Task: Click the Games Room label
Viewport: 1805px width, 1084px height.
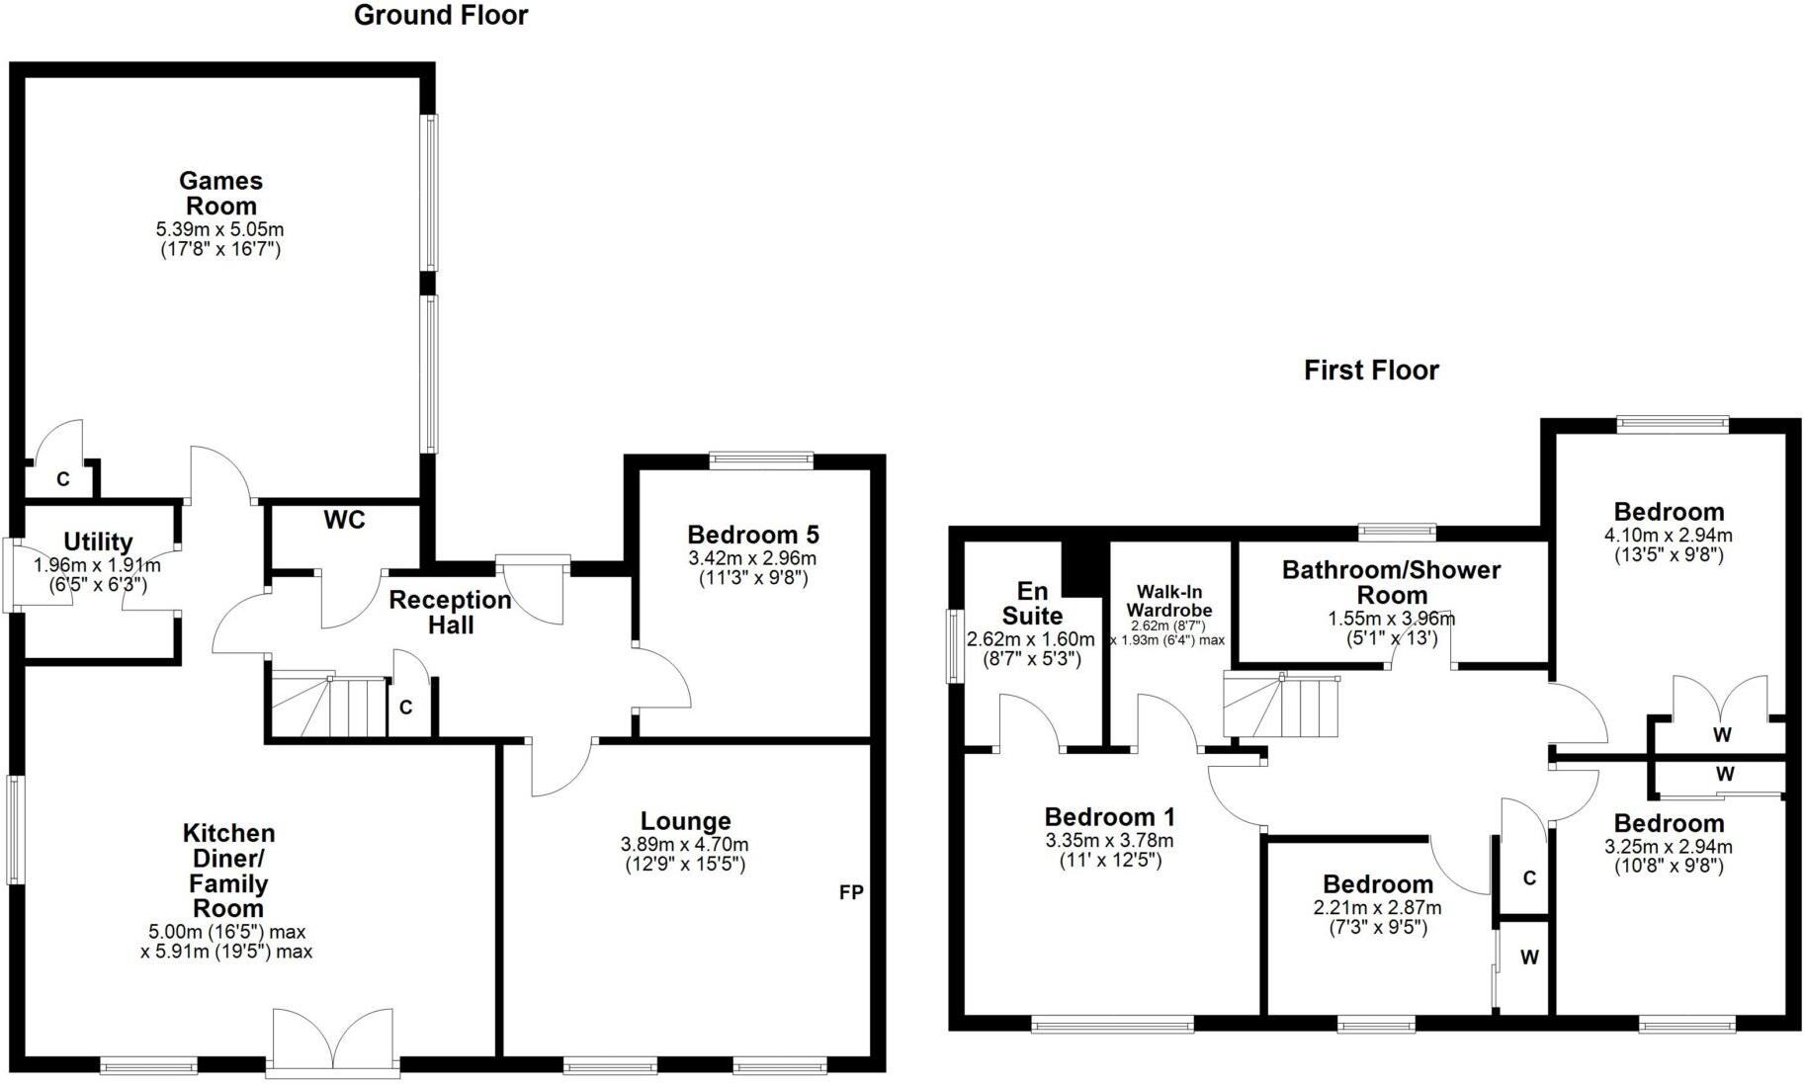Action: click(220, 194)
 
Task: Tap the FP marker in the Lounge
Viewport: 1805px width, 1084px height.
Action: click(851, 892)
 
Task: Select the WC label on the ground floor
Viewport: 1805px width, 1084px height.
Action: click(344, 521)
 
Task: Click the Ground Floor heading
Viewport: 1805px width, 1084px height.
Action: click(441, 16)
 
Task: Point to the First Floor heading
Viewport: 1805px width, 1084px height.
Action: click(1371, 371)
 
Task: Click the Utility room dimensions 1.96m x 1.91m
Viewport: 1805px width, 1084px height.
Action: click(97, 566)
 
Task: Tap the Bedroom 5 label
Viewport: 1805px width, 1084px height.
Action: click(753, 536)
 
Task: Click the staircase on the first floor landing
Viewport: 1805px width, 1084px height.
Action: click(1282, 705)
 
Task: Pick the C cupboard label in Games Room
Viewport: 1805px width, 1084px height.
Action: click(62, 480)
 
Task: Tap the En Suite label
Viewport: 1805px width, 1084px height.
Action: click(1031, 603)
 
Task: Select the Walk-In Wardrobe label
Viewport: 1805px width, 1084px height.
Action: click(1169, 601)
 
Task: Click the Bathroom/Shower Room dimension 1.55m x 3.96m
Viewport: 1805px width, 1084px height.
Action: click(1391, 620)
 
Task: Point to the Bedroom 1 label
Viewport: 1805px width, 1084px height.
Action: click(1109, 817)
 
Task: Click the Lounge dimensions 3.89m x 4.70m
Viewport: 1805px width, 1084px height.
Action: click(684, 845)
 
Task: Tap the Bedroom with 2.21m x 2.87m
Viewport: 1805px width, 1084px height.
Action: click(1377, 884)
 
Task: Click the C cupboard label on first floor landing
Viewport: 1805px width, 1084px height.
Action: click(1528, 877)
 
